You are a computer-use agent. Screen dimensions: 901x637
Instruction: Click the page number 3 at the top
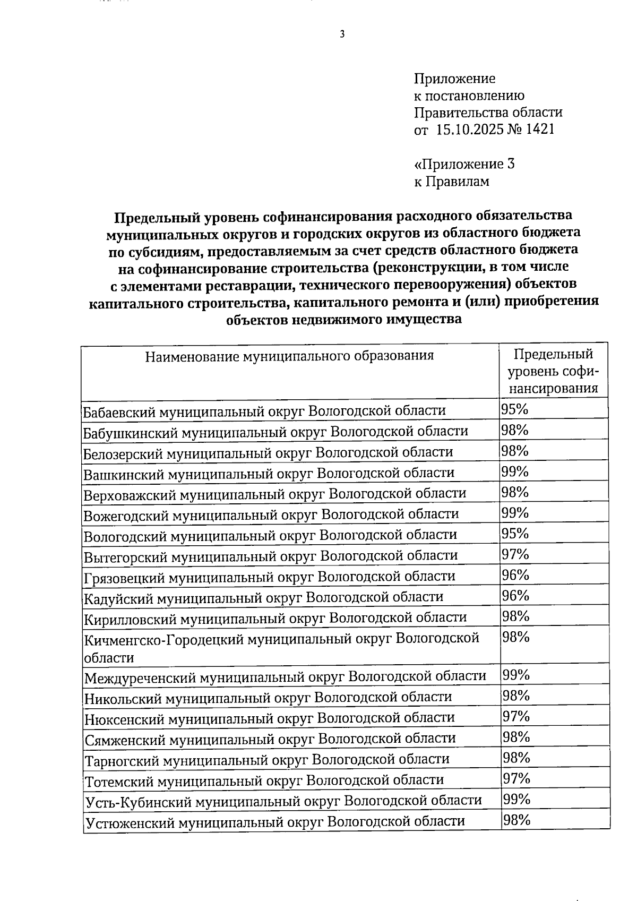coord(342,35)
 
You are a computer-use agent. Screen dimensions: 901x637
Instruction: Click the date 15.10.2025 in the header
coord(469,129)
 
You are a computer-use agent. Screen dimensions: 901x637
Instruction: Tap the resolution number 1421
coord(539,129)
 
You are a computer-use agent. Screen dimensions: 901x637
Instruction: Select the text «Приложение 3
coord(464,164)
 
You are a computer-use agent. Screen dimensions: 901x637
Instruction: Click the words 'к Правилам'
coord(451,182)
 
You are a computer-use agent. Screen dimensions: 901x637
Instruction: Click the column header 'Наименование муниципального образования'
coord(289,355)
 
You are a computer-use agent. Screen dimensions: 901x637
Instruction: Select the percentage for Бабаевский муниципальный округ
coord(514,409)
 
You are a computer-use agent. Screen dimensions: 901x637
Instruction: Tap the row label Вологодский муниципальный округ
coord(270,535)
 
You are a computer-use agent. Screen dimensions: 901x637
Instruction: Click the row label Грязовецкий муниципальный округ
coord(269,576)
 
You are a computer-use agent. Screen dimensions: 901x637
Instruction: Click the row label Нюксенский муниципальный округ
coord(270,718)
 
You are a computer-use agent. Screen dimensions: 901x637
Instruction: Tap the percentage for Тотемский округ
coord(517,778)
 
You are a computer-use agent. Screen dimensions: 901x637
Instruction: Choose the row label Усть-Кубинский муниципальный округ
coord(283,800)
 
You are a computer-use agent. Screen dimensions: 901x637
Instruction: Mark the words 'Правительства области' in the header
coord(488,113)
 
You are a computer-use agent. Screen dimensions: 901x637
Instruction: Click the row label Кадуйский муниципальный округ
coord(264,597)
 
